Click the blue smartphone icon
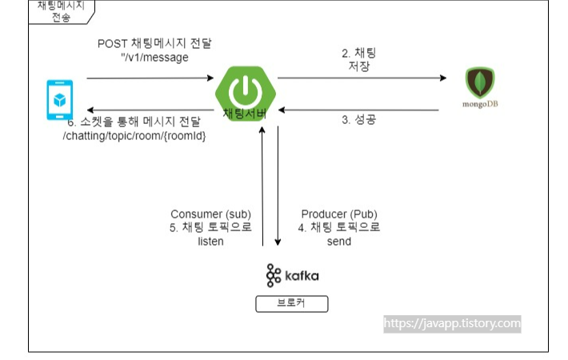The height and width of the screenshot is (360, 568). tap(58, 99)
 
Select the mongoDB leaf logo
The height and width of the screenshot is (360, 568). tap(480, 83)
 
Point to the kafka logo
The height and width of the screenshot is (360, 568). tap(293, 275)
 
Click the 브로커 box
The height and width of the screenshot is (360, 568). tap(291, 304)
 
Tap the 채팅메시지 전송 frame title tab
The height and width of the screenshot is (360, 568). tap(60, 11)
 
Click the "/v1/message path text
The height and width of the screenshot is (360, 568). tap(154, 57)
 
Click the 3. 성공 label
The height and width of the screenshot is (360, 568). tap(359, 120)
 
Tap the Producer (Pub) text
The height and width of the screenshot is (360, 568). tap(339, 214)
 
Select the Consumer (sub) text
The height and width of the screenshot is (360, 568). tap(211, 214)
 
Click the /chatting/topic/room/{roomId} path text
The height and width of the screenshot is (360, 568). tap(134, 136)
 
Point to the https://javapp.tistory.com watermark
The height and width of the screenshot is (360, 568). tap(452, 324)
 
